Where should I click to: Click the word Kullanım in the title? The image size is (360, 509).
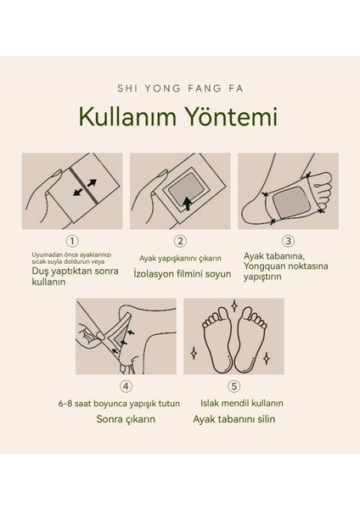pos(127,116)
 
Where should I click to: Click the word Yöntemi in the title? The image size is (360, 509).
pos(231,116)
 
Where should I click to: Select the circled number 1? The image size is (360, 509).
pos(72,241)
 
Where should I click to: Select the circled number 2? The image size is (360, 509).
pos(180,241)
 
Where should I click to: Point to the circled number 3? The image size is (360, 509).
pos(288,241)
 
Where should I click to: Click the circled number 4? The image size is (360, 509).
pos(126,386)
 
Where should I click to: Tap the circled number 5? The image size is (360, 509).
pos(234,386)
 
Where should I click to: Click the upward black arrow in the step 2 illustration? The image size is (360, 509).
pos(188,204)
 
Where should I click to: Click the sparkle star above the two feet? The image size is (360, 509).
pos(234,305)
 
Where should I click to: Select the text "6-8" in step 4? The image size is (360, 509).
pos(65,404)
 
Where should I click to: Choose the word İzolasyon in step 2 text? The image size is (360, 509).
pos(155,274)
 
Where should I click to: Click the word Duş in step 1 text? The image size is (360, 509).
pos(40,271)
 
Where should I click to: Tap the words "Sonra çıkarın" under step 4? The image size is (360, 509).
pos(126,419)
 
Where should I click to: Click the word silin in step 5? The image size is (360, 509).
pos(267,419)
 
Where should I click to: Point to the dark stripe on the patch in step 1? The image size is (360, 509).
pos(84,186)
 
